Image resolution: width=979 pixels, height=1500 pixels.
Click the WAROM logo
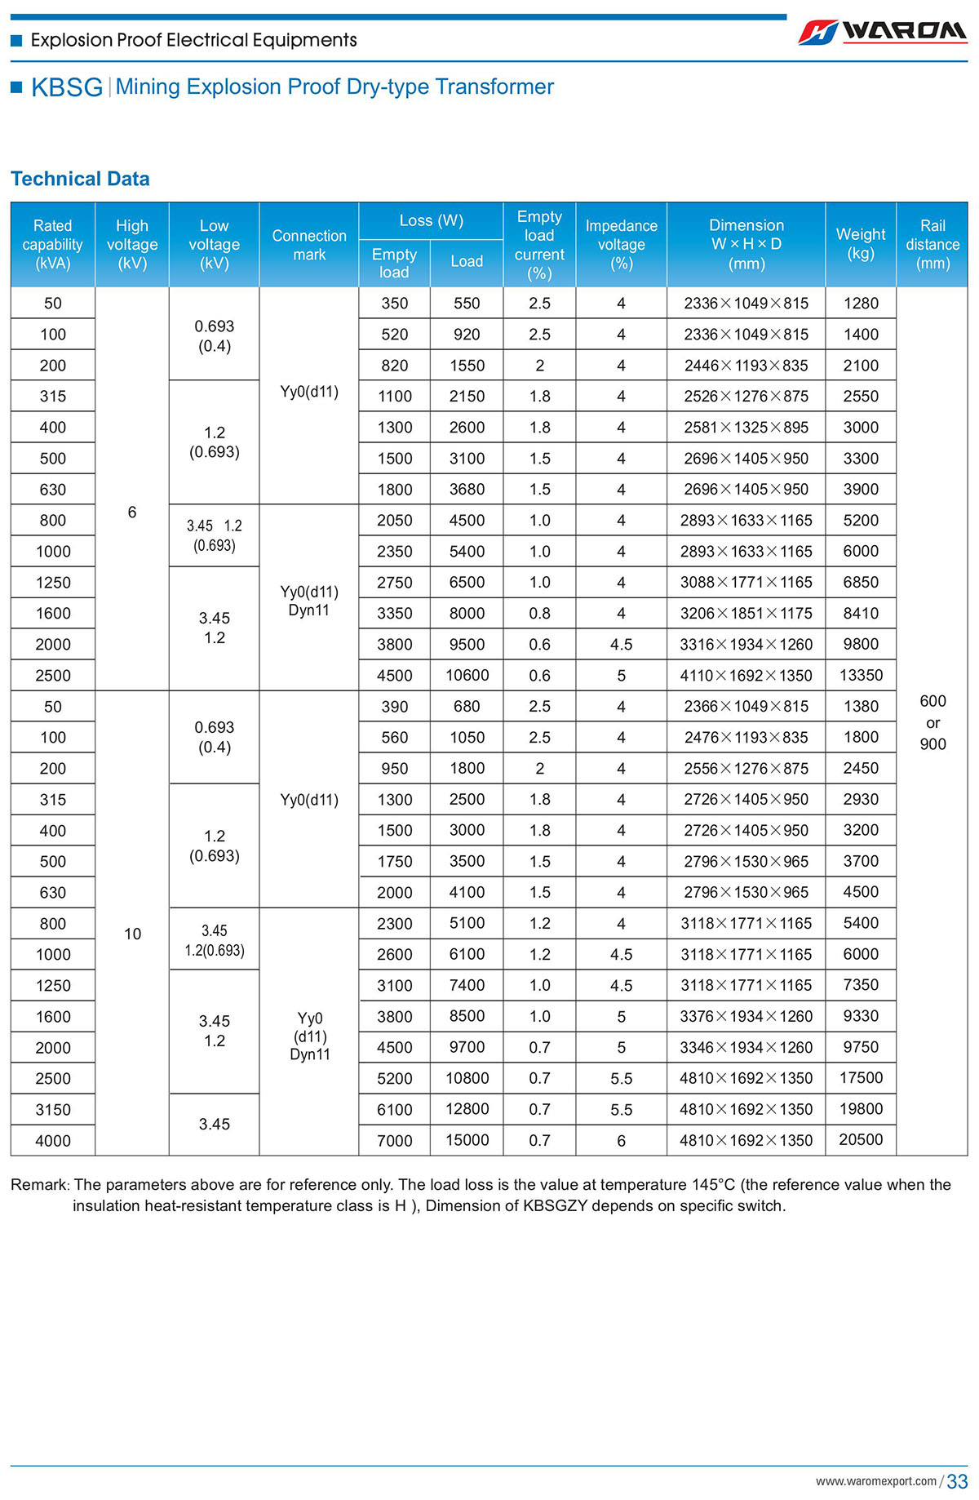(x=883, y=31)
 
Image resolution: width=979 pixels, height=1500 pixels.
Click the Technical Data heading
(x=80, y=179)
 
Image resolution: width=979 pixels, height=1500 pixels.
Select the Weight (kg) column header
(x=861, y=243)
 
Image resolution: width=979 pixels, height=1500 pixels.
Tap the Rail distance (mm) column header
(x=932, y=244)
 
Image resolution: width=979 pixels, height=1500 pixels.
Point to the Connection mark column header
(x=309, y=245)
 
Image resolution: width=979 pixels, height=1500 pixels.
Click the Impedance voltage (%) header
(x=621, y=244)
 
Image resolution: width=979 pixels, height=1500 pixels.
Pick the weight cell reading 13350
(x=861, y=675)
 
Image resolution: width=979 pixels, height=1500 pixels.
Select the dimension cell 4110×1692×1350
(x=746, y=676)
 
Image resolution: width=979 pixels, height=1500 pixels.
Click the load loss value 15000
(x=467, y=1140)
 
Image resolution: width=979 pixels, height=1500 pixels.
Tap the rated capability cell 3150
(x=53, y=1109)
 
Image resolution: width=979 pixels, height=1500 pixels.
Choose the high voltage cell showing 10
(x=132, y=934)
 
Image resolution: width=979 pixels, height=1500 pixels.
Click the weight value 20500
(x=861, y=1139)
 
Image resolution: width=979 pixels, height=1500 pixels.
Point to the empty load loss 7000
(x=394, y=1140)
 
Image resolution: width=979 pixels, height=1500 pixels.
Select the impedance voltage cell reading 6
(x=621, y=1140)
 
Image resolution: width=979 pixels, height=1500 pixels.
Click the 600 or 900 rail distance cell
(x=932, y=722)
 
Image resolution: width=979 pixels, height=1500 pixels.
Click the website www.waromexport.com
(x=875, y=1481)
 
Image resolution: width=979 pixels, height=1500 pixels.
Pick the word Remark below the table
(x=39, y=1184)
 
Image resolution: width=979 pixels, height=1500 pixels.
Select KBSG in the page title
(x=67, y=87)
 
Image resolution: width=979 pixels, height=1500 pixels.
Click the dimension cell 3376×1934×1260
(x=746, y=1016)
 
